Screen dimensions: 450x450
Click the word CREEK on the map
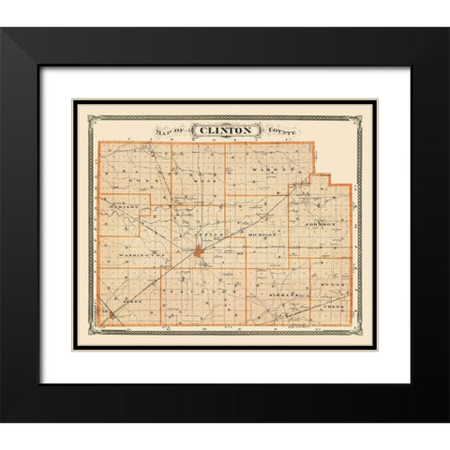pyautogui.click(x=335, y=307)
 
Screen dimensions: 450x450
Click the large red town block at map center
pyautogui.click(x=200, y=251)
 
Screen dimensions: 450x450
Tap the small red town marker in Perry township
pyautogui.click(x=113, y=316)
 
